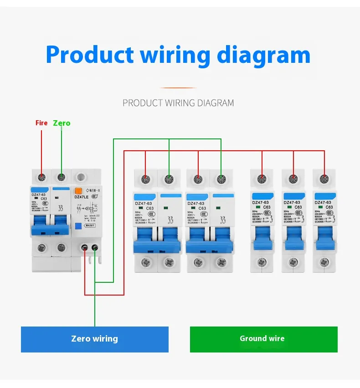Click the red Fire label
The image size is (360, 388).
pos(41,123)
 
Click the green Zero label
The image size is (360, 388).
pos(62,123)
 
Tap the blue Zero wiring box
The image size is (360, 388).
pos(94,339)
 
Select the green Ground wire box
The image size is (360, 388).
pos(263,339)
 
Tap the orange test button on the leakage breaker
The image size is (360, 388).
pos(78,192)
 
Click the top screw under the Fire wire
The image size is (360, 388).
pos(42,177)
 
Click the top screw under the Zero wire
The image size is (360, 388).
pos(62,177)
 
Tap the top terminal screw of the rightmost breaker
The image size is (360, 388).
pos(324,179)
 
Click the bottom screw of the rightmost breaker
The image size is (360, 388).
pos(324,262)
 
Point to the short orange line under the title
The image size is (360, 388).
pos(178,87)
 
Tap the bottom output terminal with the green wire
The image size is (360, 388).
pos(95,248)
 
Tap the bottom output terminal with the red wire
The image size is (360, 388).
pos(85,248)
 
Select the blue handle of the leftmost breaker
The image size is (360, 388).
pos(41,225)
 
